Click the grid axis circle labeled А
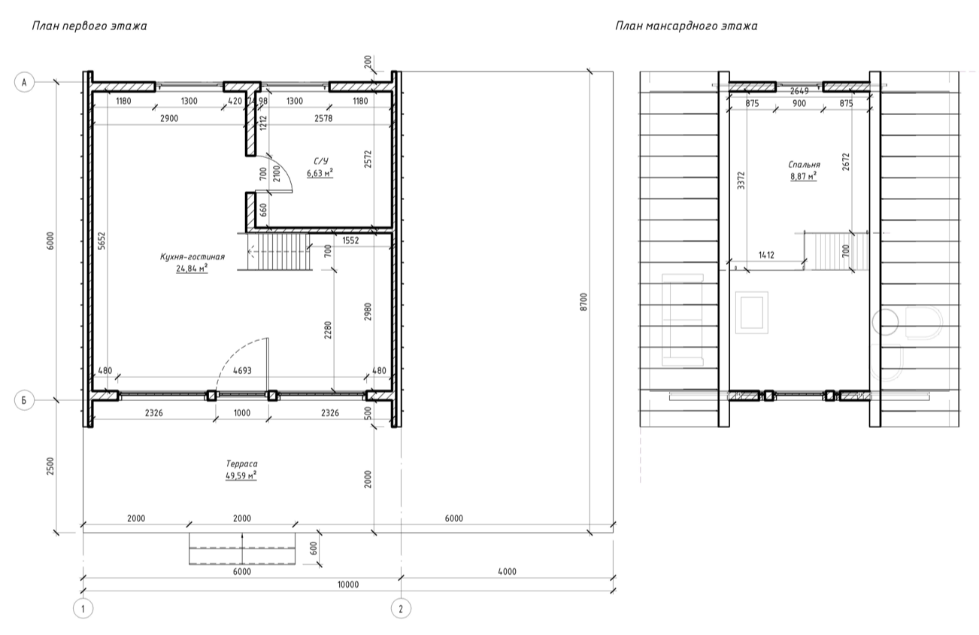[x=24, y=82]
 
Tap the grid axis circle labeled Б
[x=24, y=400]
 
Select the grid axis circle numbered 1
[x=83, y=609]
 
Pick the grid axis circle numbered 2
[x=401, y=609]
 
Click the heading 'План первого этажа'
[x=89, y=26]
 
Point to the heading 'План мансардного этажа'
[x=687, y=26]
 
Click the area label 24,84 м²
[x=192, y=269]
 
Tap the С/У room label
[x=321, y=161]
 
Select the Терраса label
[x=241, y=463]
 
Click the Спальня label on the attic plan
[x=805, y=165]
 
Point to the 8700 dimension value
[x=584, y=302]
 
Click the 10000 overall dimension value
[x=348, y=585]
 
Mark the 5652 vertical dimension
[x=102, y=241]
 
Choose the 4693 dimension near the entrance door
[x=242, y=371]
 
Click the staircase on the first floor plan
[x=278, y=252]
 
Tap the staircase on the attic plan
[x=836, y=251]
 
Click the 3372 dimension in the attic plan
[x=741, y=180]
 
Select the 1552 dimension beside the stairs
[x=350, y=240]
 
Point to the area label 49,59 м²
[x=241, y=475]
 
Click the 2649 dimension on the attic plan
[x=799, y=91]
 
